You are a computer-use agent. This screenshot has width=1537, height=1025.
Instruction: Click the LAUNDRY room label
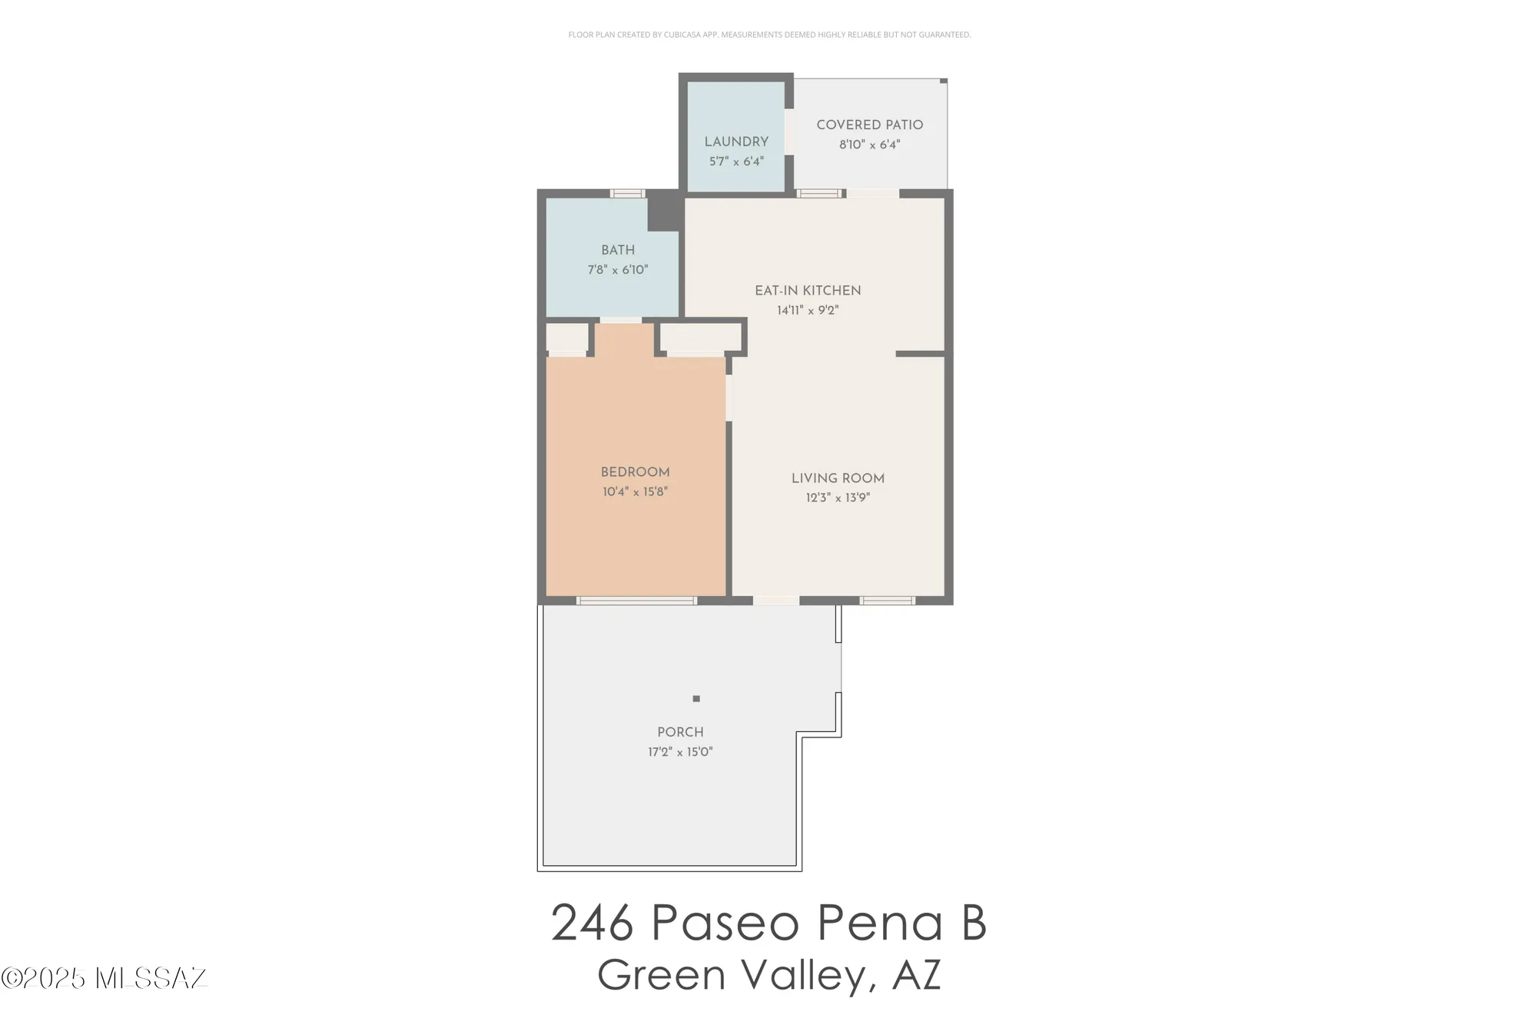736,142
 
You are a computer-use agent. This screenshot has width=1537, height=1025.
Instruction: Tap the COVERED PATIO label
869,125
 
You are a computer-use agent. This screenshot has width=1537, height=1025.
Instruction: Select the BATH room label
618,250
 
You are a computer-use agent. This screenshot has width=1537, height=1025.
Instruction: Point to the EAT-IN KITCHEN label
808,291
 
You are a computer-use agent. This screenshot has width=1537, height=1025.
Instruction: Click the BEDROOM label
635,472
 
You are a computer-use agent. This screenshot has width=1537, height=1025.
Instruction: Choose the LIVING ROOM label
838,478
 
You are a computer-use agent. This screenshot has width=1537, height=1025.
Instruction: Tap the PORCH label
680,732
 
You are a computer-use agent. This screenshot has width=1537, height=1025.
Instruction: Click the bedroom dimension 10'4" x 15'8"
635,492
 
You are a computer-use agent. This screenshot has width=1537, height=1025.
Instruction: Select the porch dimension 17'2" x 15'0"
680,752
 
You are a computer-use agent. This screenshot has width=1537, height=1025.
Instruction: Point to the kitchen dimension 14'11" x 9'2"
808,311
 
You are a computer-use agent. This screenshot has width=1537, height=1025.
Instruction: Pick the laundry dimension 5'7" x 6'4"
736,162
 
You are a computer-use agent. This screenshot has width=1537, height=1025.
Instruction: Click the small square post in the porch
696,699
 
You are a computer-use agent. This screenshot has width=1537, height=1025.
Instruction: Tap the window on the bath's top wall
628,193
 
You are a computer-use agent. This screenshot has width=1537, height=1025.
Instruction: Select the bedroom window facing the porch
637,601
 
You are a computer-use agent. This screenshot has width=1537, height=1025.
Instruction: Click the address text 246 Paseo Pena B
768,923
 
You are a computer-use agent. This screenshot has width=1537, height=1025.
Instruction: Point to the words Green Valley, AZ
768,975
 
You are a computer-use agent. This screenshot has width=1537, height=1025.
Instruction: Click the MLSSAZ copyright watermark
105,978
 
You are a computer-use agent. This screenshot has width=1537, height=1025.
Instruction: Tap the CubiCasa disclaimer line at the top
769,35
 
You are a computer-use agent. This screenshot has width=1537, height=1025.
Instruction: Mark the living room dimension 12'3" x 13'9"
838,498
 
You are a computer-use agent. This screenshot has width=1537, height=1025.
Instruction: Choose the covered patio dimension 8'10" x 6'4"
869,145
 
